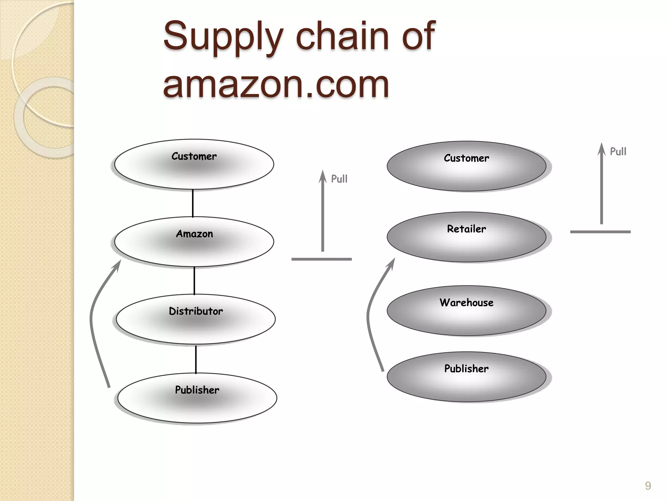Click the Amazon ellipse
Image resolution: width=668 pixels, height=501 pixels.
[194, 241]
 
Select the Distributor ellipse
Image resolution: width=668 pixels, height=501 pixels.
[196, 319]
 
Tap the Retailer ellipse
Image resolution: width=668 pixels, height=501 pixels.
[466, 237]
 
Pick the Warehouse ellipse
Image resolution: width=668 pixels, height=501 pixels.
[466, 311]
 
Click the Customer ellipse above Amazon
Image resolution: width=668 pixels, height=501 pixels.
[194, 164]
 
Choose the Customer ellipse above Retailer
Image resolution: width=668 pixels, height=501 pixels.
[466, 166]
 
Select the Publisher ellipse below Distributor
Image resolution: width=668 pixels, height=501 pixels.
[197, 398]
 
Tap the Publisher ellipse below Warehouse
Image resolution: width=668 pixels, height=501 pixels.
[466, 377]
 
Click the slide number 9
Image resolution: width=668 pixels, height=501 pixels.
[648, 486]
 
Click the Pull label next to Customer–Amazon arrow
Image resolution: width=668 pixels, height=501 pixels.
[339, 179]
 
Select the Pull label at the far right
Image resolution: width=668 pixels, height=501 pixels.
[618, 151]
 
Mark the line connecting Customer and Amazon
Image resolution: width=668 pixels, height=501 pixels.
[193, 203]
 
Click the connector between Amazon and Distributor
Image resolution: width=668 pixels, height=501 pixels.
[194, 281]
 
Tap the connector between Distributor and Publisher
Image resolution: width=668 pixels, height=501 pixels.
[196, 359]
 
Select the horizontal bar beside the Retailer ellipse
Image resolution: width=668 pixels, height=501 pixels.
[600, 232]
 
